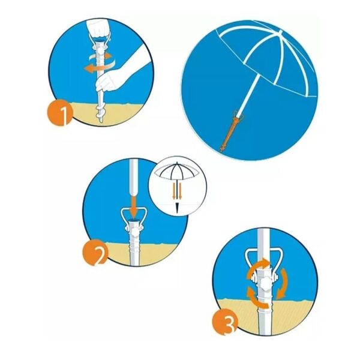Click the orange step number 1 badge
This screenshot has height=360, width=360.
click(60, 113)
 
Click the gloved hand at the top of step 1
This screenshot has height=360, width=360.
click(98, 29)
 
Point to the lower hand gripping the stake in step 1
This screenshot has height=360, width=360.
click(106, 81)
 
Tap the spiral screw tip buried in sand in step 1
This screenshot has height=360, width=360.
click(100, 114)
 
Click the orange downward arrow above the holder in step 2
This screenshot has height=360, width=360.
click(134, 206)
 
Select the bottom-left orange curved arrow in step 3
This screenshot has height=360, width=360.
click(257, 298)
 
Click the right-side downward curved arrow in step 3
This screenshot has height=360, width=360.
click(282, 284)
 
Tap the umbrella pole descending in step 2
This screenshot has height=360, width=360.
click(134, 177)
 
